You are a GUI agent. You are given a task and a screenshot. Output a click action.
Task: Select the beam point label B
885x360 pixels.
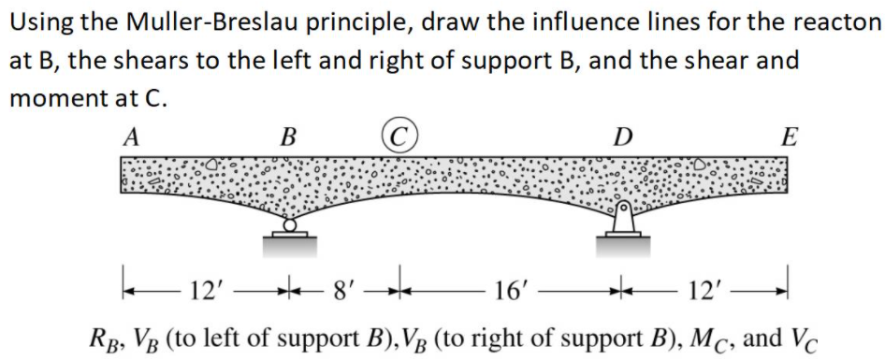289,138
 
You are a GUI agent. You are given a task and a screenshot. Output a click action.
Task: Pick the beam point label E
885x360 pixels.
790,138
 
